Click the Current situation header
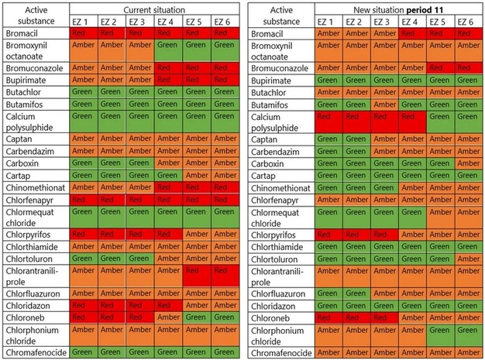(150, 9)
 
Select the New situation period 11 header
(397, 9)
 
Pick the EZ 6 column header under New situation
(466, 22)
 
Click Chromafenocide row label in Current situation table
(34, 351)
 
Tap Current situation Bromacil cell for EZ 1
(84, 35)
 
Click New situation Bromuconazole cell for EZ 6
(466, 68)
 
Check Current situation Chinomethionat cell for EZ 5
(194, 187)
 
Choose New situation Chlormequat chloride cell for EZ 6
(466, 216)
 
